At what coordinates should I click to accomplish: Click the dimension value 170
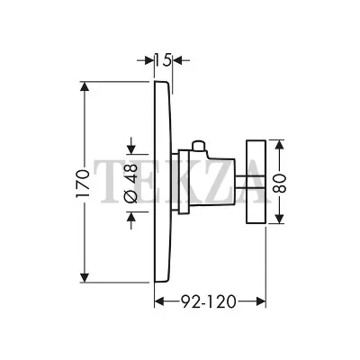coord(83,184)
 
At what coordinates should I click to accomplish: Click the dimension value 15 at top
coord(163,60)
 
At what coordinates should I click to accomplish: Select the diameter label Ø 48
coord(130,184)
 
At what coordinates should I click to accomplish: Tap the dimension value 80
coord(280,183)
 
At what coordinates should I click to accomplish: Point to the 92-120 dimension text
coord(209,301)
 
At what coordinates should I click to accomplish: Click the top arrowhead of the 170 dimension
coord(85,87)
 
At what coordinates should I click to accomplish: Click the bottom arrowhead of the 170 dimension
coord(85,277)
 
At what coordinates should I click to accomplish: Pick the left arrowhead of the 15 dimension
coord(149,60)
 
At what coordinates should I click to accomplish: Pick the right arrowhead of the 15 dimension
coord(178,60)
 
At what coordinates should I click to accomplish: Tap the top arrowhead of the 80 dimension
coord(280,146)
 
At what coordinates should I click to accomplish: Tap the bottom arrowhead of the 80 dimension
coord(280,218)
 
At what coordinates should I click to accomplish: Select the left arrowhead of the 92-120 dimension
coord(159,301)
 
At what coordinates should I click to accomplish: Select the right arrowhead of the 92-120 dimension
coord(260,301)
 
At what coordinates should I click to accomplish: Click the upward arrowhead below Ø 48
coord(131,216)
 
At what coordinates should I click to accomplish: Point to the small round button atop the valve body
coord(198,146)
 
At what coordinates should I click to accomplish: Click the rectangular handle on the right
coord(256,182)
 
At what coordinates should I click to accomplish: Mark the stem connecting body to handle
coord(240,182)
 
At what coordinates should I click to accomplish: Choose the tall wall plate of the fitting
coord(164,182)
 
